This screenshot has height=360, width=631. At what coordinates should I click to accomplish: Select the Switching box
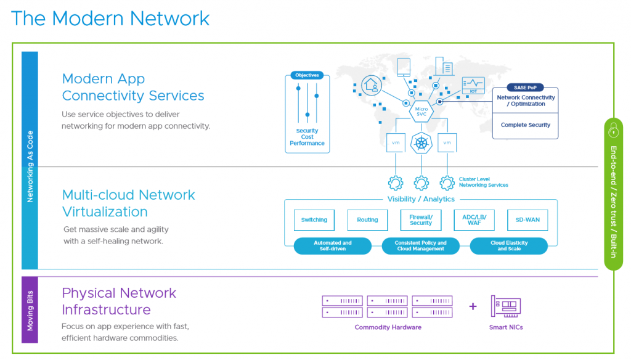[314, 220]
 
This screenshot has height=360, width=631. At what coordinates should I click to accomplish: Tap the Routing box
[367, 220]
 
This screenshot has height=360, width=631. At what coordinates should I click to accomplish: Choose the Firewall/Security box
[421, 220]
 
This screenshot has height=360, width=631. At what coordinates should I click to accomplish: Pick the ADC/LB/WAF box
[474, 220]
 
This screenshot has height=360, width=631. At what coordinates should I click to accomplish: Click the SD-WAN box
[527, 220]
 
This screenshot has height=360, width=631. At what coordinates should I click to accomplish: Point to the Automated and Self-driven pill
[333, 246]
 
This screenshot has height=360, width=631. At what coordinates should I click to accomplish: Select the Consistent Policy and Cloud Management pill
[421, 246]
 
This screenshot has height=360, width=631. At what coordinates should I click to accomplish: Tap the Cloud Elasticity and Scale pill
[509, 246]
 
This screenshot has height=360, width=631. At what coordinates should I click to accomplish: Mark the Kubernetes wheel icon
[421, 144]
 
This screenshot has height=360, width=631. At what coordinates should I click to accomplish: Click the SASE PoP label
[525, 88]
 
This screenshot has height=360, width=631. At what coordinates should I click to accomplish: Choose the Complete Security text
[526, 125]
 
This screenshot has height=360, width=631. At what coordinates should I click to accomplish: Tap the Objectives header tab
[307, 75]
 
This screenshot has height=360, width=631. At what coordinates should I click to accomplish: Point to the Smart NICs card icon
[506, 306]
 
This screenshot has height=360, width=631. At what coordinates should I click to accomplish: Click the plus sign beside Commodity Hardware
[473, 306]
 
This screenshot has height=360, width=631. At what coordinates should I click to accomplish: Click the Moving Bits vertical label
[30, 309]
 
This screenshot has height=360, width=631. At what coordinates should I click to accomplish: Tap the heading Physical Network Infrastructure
[119, 301]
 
